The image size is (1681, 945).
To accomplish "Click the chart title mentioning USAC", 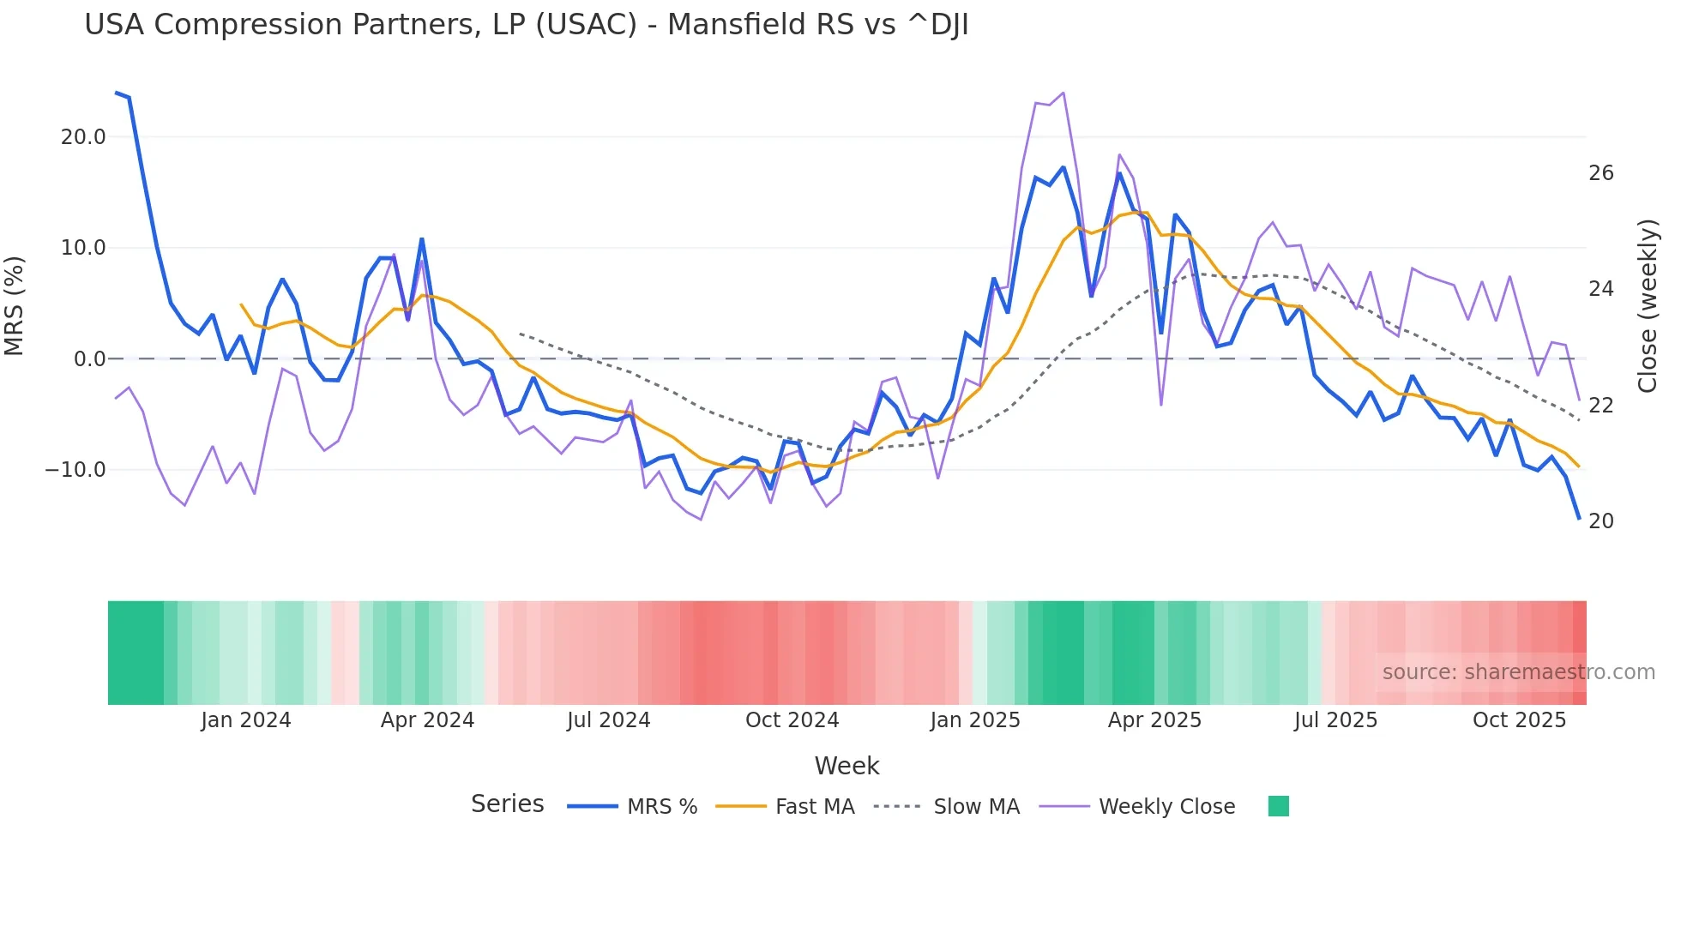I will pyautogui.click(x=526, y=25).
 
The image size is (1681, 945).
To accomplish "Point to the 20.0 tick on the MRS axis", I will pyautogui.click(x=83, y=137).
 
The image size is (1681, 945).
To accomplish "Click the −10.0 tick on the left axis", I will pyautogui.click(x=75, y=470).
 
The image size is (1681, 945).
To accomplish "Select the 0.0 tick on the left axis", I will pyautogui.click(x=89, y=359).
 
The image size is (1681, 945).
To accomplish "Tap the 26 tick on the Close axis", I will pyautogui.click(x=1600, y=173).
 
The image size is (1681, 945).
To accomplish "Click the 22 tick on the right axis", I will pyautogui.click(x=1600, y=406).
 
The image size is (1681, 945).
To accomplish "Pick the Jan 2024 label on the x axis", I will pyautogui.click(x=246, y=720).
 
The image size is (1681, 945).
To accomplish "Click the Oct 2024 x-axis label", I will pyautogui.click(x=792, y=720).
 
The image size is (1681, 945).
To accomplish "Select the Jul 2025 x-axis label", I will pyautogui.click(x=1335, y=720).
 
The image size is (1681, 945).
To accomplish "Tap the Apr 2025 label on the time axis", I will pyautogui.click(x=1154, y=720).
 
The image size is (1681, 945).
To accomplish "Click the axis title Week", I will pyautogui.click(x=847, y=766).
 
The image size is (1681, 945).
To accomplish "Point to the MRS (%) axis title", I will pyautogui.click(x=15, y=306).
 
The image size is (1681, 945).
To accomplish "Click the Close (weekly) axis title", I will pyautogui.click(x=1648, y=306).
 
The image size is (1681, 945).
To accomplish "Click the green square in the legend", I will pyautogui.click(x=1278, y=806).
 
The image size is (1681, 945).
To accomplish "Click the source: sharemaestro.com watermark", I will pyautogui.click(x=1518, y=672).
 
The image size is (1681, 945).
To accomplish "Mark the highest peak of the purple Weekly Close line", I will pyautogui.click(x=1063, y=93).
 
